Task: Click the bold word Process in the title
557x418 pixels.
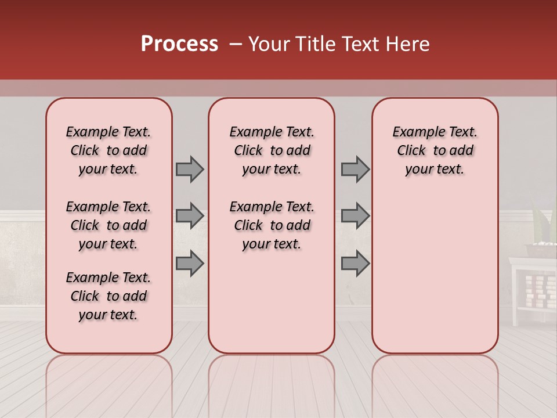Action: [179, 44]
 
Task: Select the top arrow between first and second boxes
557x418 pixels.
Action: [190, 169]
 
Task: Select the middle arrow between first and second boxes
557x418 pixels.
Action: [190, 216]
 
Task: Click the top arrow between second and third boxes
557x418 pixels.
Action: [355, 169]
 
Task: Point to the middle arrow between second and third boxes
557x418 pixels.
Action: [355, 216]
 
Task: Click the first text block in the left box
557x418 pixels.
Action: [108, 150]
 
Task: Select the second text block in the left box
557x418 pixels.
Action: [108, 225]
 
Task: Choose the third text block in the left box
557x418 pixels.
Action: [108, 296]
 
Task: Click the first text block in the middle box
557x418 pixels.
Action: [272, 150]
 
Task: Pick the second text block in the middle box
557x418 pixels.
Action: [272, 225]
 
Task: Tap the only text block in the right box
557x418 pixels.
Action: [435, 150]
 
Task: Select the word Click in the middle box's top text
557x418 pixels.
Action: [248, 151]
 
